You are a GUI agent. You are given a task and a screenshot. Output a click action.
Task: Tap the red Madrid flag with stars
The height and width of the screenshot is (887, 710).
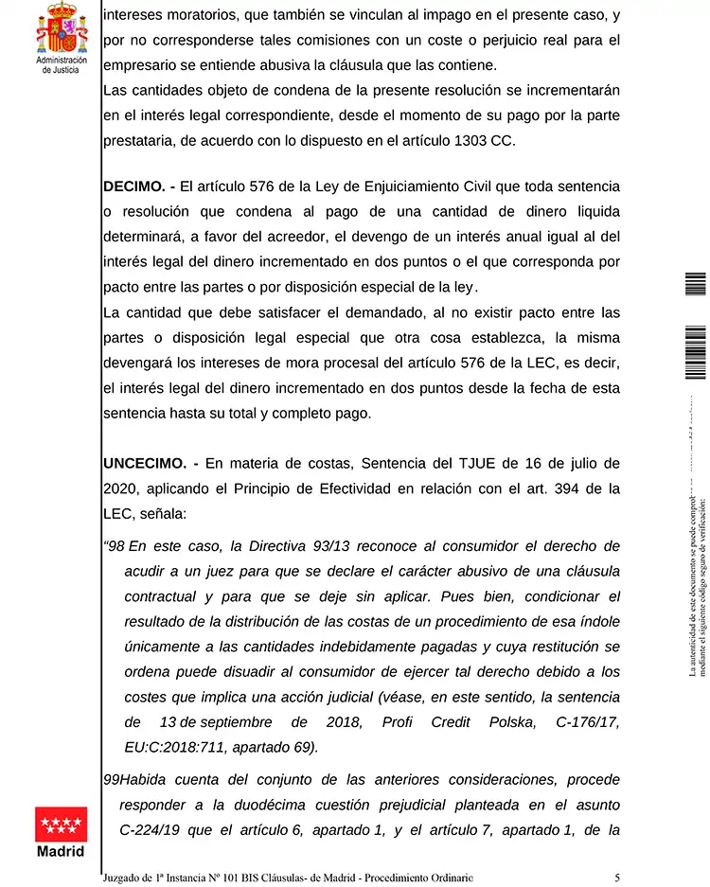click(61, 824)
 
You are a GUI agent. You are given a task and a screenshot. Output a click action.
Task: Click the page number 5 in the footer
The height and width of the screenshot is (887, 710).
click(617, 877)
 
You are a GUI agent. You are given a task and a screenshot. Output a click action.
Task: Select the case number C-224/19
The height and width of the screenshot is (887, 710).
click(154, 830)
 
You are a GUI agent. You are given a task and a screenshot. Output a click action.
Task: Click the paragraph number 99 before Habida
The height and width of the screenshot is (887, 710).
click(111, 779)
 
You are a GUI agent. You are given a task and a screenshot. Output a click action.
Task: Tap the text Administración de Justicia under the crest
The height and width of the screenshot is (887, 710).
click(62, 64)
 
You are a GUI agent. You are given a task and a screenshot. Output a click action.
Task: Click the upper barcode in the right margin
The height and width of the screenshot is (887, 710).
click(695, 284)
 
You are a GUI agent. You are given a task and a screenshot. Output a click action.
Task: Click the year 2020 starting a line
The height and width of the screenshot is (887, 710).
click(121, 488)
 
